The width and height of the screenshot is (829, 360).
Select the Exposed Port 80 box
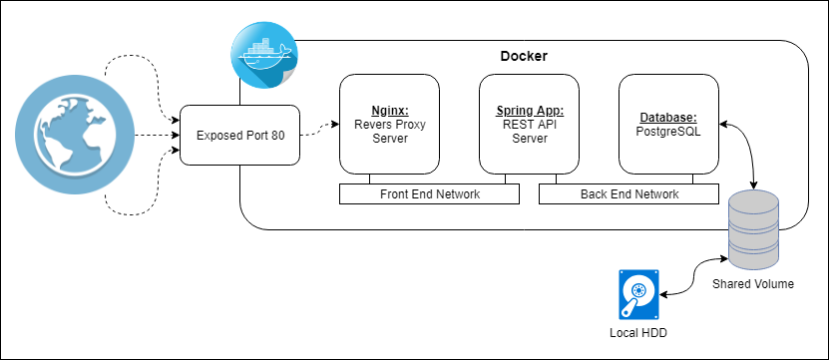pyautogui.click(x=239, y=135)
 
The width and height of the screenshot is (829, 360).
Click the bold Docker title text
pyautogui.click(x=523, y=54)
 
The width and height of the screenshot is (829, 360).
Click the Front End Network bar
pyautogui.click(x=429, y=194)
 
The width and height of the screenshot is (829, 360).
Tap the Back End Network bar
pyautogui.click(x=628, y=194)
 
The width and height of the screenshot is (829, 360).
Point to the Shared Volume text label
pyautogui.click(x=753, y=284)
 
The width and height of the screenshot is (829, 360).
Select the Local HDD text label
pyautogui.click(x=637, y=330)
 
